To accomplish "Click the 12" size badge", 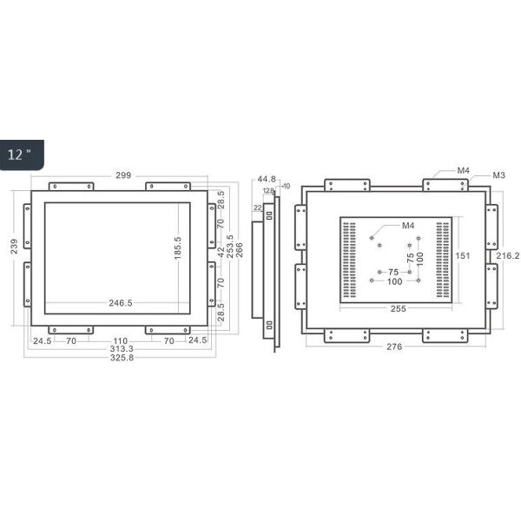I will [x=19, y=155].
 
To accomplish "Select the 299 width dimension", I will [x=123, y=175].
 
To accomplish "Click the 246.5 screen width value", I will [x=120, y=303].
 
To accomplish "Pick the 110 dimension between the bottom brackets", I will [x=120, y=341].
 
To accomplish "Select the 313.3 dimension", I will [x=120, y=350].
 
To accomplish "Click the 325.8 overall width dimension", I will [x=120, y=359].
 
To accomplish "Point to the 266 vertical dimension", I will [x=239, y=249].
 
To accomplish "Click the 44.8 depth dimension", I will [x=267, y=181].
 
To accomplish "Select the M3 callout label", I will [x=499, y=175].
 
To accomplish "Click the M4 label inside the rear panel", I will [x=407, y=226].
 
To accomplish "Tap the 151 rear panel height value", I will [x=463, y=255].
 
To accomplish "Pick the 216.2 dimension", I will [x=508, y=256].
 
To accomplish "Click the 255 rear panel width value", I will [x=399, y=307].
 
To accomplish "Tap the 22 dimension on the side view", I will [x=257, y=208].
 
